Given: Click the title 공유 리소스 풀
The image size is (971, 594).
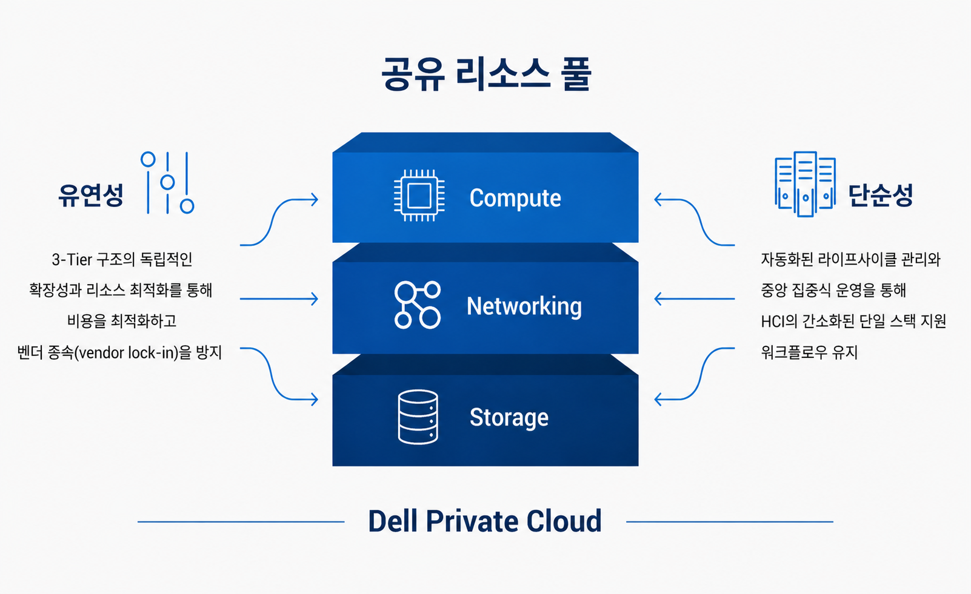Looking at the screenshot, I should click(x=486, y=74).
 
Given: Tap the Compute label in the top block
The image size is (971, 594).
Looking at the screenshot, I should click(x=515, y=199).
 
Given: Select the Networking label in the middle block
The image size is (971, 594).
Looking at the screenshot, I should click(x=524, y=306).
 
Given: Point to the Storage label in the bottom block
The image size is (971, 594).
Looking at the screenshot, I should click(x=509, y=418).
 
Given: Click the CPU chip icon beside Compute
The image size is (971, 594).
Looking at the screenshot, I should click(x=419, y=196).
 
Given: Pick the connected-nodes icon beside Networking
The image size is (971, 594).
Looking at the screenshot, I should click(x=418, y=305).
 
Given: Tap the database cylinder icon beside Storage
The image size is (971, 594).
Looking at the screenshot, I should click(x=418, y=417).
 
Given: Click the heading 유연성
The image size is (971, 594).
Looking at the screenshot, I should click(x=91, y=195).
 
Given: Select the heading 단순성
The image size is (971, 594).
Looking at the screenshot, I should click(x=880, y=195).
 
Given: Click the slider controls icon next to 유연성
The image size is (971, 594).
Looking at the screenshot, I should click(x=167, y=182).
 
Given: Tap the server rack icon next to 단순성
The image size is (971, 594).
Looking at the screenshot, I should click(x=805, y=183).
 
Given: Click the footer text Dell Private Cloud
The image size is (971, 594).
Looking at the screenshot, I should click(x=485, y=521).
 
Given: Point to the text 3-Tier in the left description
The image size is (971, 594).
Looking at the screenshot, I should click(x=72, y=260).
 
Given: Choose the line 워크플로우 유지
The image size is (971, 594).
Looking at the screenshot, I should click(x=809, y=352).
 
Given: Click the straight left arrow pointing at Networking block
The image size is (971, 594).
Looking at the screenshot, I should click(x=279, y=299).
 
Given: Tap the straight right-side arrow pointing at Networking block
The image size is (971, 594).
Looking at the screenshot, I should click(x=694, y=299).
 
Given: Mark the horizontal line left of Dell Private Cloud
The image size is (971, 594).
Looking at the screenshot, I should click(x=241, y=521).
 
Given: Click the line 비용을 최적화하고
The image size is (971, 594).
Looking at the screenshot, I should click(x=121, y=321).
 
